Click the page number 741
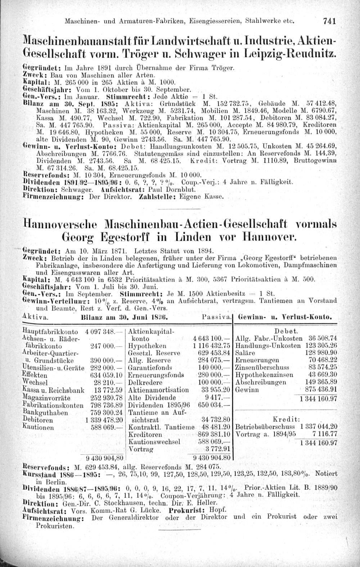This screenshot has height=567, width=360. tap(329, 21)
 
